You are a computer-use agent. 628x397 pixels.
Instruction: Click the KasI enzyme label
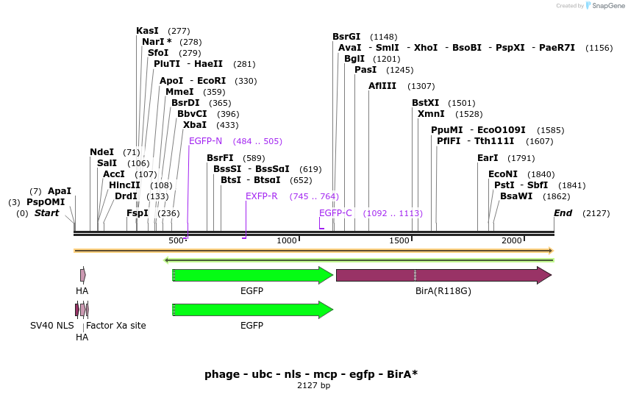click(x=147, y=31)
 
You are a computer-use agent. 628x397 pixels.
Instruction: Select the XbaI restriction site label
click(x=195, y=125)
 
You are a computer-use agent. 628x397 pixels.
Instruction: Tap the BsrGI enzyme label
click(x=346, y=37)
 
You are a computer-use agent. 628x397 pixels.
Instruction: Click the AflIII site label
click(x=382, y=86)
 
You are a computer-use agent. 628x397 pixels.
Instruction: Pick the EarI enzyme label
click(x=488, y=158)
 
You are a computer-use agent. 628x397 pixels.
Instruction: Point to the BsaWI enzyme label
click(x=516, y=196)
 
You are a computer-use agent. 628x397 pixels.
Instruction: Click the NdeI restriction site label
click(x=101, y=152)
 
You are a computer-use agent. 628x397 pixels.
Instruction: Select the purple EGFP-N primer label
click(x=205, y=141)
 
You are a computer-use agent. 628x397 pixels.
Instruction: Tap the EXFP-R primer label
click(x=262, y=196)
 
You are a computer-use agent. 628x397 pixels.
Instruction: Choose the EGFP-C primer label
click(x=335, y=213)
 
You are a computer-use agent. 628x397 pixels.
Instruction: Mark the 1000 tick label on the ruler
click(x=286, y=241)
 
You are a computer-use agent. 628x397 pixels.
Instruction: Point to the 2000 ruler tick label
click(x=511, y=241)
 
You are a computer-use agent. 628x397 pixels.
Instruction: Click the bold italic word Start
click(x=46, y=213)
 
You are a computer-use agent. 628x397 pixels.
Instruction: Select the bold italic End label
click(x=563, y=213)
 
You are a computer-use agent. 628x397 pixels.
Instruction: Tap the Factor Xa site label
click(x=116, y=326)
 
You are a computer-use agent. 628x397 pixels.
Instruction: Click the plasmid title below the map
click(x=311, y=374)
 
